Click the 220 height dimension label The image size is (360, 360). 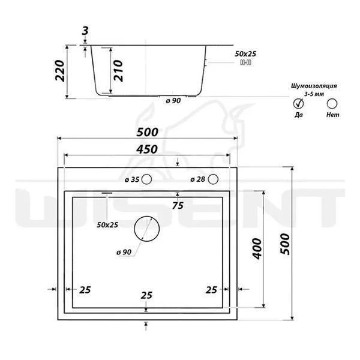pyautogui.click(x=60, y=71)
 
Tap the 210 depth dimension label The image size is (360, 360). pyautogui.click(x=118, y=71)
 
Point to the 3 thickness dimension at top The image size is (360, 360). pyautogui.click(x=85, y=31)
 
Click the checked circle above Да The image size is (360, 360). pyautogui.click(x=298, y=104)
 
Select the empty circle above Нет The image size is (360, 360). pyautogui.click(x=332, y=104)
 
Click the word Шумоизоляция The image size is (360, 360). pyautogui.click(x=314, y=86)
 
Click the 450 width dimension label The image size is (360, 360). pyautogui.click(x=147, y=149)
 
